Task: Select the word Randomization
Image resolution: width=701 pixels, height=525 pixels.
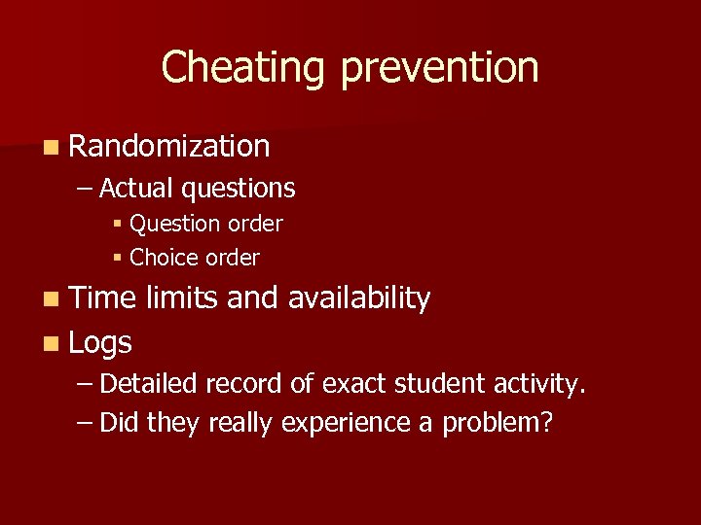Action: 169,146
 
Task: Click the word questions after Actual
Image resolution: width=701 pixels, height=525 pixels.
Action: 238,188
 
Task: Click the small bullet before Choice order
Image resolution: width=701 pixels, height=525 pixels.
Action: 116,259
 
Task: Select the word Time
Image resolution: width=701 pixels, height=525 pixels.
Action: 104,298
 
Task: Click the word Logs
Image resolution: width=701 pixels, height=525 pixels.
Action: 100,342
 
